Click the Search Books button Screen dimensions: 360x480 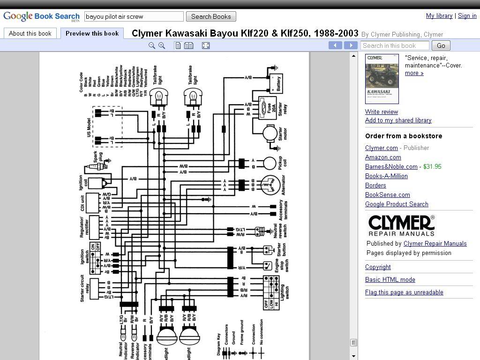tap(211, 16)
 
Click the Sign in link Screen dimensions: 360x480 tap(467, 16)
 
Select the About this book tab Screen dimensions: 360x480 tap(30, 33)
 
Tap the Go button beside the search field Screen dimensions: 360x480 tap(441, 45)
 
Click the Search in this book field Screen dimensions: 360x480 tap(395, 45)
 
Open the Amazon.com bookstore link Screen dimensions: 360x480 tap(383, 157)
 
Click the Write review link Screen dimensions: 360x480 tap(382, 112)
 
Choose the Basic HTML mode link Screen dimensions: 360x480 tap(390, 280)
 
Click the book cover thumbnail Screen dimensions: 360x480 tap(382, 79)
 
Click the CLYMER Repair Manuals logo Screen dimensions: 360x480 tap(401, 225)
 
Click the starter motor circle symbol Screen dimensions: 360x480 tap(270, 134)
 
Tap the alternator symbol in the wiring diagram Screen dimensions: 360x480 tap(270, 185)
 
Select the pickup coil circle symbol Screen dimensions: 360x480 tap(270, 163)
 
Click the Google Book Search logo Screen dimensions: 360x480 tap(41, 17)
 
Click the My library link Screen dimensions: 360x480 tap(439, 16)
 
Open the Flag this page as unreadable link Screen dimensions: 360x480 tap(404, 292)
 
